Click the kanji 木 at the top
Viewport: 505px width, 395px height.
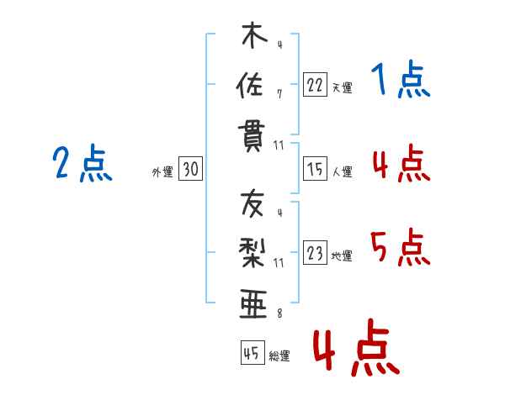(252, 37)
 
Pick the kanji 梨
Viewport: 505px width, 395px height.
(252, 251)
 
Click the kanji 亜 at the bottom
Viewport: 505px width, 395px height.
(252, 301)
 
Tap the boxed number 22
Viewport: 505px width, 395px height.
(315, 84)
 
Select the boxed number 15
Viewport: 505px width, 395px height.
(315, 170)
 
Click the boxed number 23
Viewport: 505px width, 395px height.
(315, 255)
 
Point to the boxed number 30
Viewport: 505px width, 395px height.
(190, 170)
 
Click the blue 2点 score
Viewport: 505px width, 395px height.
(82, 163)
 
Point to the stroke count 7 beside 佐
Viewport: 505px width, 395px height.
(279, 93)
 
